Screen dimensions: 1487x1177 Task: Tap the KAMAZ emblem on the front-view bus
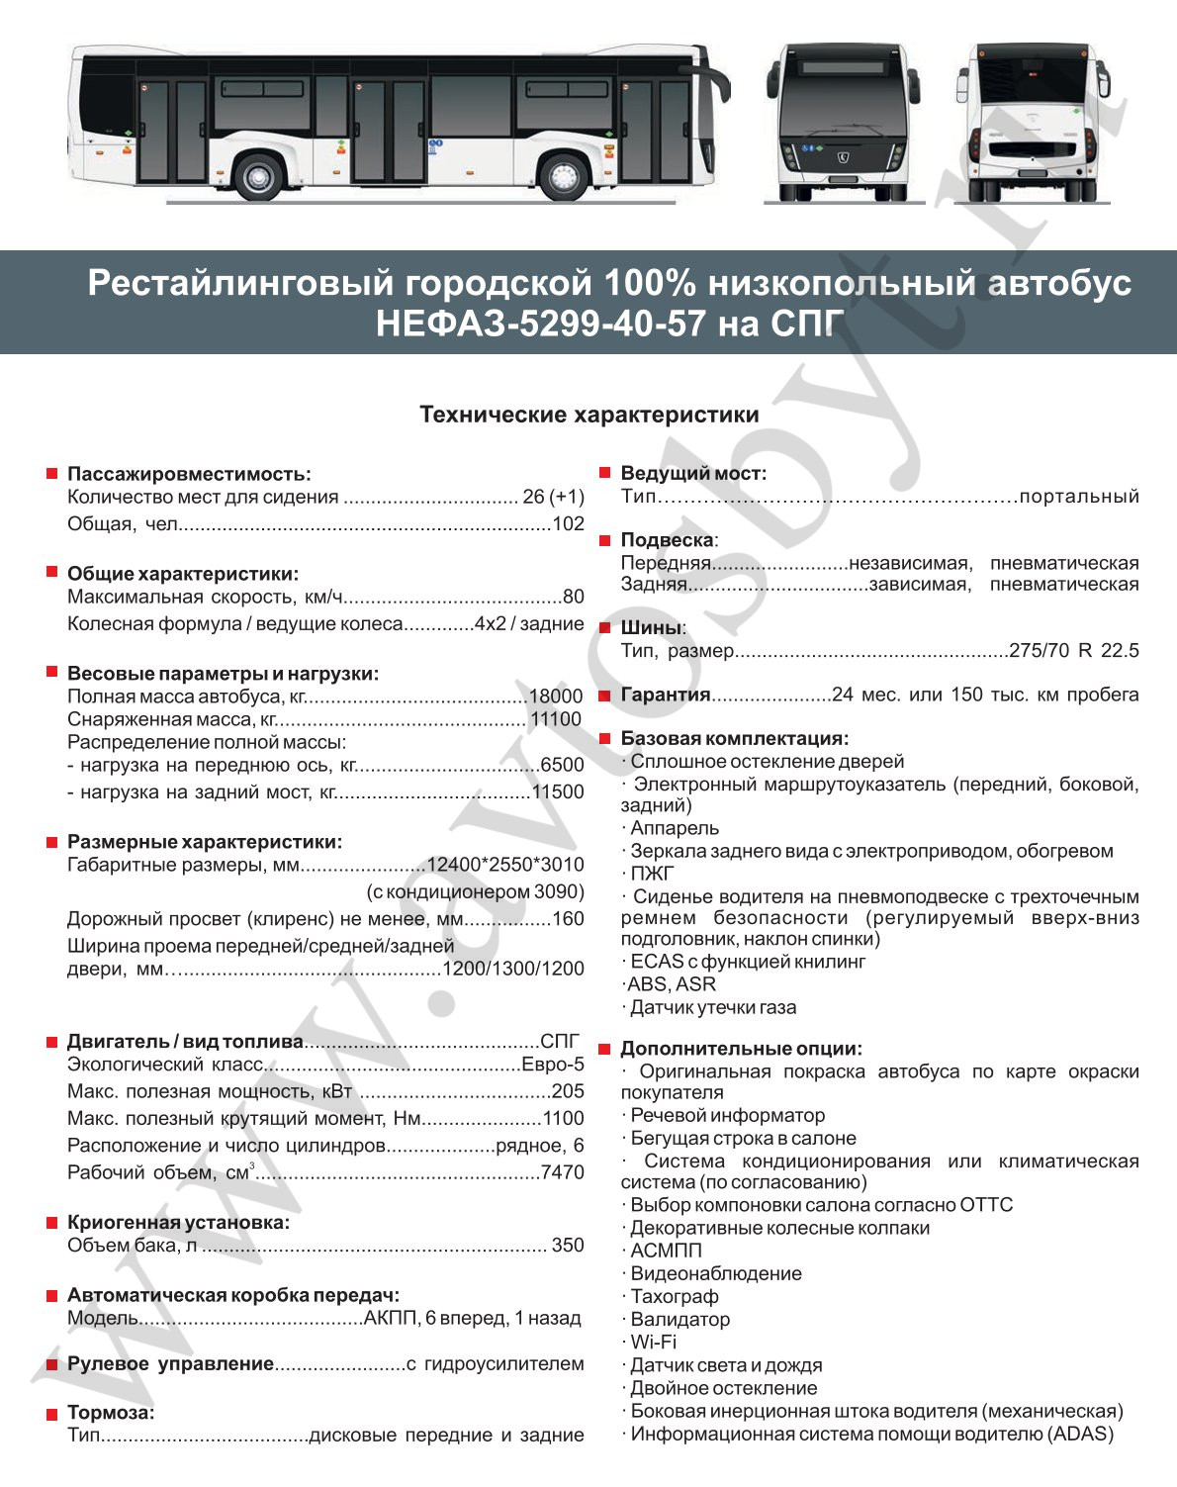843,154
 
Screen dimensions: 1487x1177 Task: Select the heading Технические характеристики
588,415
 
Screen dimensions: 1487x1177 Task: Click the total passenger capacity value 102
568,524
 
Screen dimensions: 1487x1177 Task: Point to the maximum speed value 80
574,597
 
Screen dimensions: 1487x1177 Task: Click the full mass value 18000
556,697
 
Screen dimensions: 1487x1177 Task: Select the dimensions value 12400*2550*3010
504,865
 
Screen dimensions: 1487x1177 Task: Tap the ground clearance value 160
568,919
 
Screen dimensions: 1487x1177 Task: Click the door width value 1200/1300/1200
512,969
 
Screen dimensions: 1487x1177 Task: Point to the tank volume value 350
568,1245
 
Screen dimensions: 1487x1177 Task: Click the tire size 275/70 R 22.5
1073,651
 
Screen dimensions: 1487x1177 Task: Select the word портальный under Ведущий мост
1078,497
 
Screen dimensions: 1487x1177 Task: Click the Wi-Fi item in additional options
654,1343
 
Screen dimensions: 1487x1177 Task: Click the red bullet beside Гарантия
604,696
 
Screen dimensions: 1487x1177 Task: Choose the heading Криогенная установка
178,1223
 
